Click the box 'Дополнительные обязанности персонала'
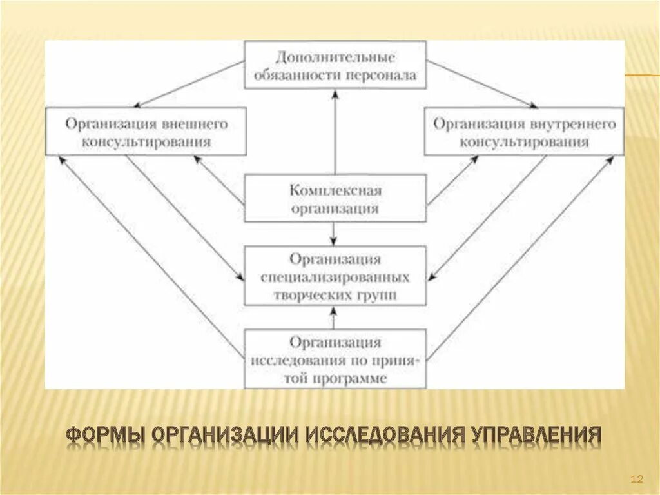335,66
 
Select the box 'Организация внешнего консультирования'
146,132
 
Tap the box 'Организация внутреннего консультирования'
523,132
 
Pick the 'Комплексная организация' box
335,199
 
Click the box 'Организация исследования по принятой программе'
335,359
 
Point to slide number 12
637,478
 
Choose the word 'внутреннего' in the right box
574,123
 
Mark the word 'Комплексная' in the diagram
335,191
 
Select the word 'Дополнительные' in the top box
335,57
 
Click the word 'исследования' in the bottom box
290,360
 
